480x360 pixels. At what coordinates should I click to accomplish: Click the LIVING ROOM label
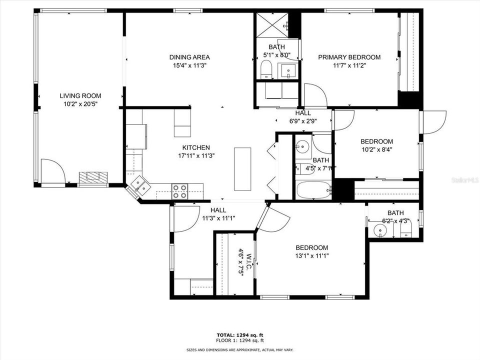tap(80, 96)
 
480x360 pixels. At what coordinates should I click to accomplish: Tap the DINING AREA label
tap(189, 57)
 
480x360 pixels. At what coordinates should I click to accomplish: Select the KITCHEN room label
tap(195, 147)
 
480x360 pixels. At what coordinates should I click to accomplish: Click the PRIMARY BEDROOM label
tap(349, 57)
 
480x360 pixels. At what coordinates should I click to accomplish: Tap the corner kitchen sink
tap(139, 186)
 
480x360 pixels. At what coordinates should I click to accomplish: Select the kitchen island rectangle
tap(243, 168)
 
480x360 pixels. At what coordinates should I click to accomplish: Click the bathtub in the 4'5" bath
tap(313, 190)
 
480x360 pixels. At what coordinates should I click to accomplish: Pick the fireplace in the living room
tap(93, 178)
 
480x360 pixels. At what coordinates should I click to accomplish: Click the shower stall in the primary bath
tap(272, 24)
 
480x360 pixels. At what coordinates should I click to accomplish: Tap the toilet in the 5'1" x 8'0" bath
tap(266, 70)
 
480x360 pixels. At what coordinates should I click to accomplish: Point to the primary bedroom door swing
tap(315, 95)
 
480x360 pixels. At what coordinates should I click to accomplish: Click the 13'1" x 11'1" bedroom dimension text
tap(311, 255)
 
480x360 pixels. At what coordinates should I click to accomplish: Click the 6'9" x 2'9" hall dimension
tap(303, 121)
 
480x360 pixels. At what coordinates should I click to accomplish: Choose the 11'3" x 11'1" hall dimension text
tap(218, 218)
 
